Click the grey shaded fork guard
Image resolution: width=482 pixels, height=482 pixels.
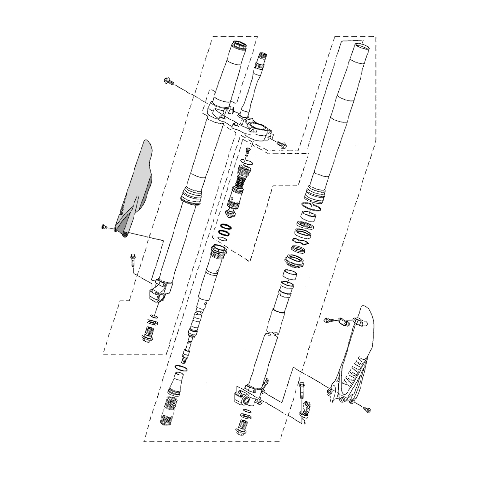135,190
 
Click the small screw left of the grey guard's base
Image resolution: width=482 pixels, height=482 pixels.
103,227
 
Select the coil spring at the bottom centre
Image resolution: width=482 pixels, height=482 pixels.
168,411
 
